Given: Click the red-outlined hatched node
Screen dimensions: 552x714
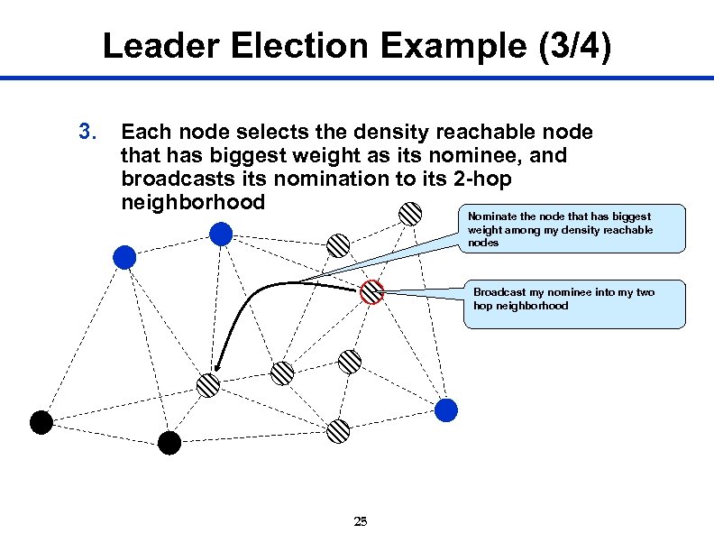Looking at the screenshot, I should (371, 291).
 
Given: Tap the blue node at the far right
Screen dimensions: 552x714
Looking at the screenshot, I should (446, 410).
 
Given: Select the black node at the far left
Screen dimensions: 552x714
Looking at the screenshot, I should (41, 421).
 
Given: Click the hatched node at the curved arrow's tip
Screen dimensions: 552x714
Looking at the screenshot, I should (208, 385).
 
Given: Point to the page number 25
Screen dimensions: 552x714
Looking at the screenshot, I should (361, 520).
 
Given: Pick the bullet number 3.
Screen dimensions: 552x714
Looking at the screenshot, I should (87, 133).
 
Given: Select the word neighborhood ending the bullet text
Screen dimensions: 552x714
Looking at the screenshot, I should (193, 202).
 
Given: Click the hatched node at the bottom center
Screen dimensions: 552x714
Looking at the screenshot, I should (338, 430).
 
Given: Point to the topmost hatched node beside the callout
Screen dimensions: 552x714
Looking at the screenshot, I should (410, 213).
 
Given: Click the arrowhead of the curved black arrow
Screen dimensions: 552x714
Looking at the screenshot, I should (216, 370).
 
